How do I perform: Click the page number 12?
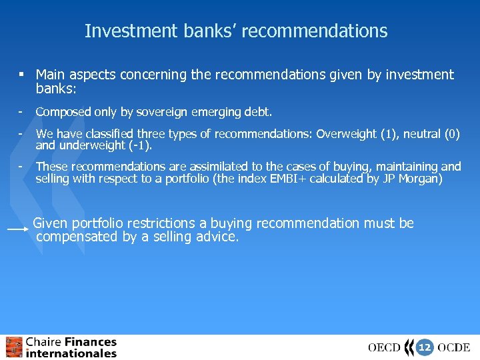point(425,347)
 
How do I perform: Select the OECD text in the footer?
point(385,347)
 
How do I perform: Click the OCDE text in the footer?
point(454,347)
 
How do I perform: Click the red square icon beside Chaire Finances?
point(13,347)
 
